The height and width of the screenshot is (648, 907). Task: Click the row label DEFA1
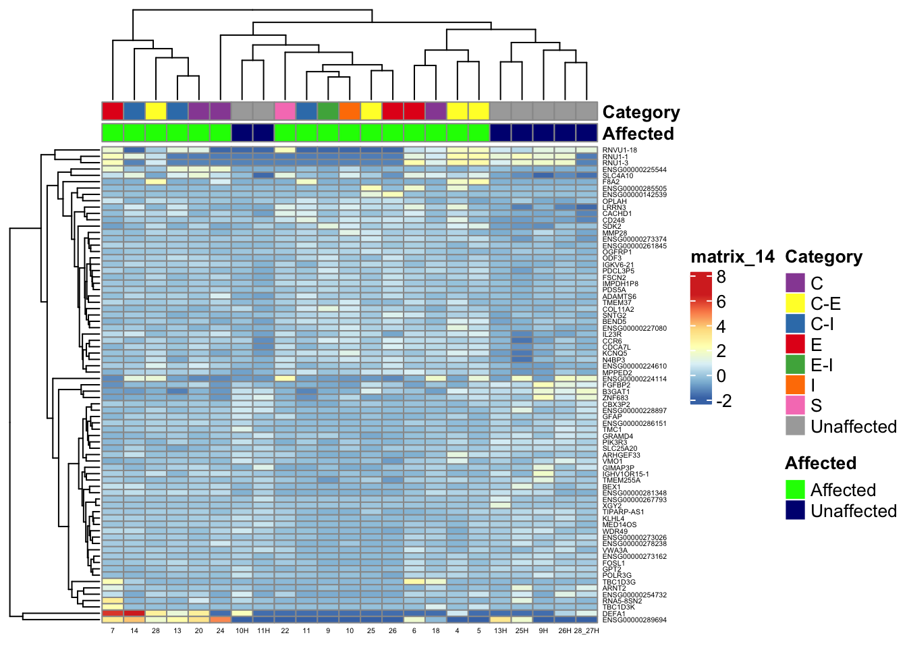pyautogui.click(x=614, y=614)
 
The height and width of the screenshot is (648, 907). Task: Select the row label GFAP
pyautogui.click(x=612, y=417)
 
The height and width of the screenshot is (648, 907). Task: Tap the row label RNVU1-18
pyautogui.click(x=620, y=151)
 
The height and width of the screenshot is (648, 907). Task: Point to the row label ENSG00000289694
pyautogui.click(x=634, y=620)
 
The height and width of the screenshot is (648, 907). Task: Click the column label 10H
pyautogui.click(x=242, y=631)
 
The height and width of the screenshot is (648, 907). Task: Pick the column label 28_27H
pyautogui.click(x=586, y=631)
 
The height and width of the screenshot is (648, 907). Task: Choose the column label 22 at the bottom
pyautogui.click(x=285, y=631)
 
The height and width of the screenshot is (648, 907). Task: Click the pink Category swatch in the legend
pyautogui.click(x=796, y=406)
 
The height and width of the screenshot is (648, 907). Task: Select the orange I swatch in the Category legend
pyautogui.click(x=796, y=385)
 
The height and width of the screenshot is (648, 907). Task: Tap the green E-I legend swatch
pyautogui.click(x=796, y=364)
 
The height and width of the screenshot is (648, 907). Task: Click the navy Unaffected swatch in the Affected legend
pyautogui.click(x=796, y=510)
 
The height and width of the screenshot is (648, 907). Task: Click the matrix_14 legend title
pyautogui.click(x=732, y=257)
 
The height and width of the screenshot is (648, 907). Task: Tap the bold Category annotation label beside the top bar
pyautogui.click(x=640, y=112)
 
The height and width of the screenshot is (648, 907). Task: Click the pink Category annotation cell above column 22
pyautogui.click(x=285, y=111)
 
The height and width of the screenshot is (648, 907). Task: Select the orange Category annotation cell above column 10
pyautogui.click(x=350, y=111)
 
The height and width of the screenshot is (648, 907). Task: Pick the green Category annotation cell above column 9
pyautogui.click(x=328, y=111)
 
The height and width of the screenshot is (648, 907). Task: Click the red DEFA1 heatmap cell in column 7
pyautogui.click(x=113, y=613)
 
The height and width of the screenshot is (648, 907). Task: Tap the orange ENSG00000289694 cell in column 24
pyautogui.click(x=220, y=619)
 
